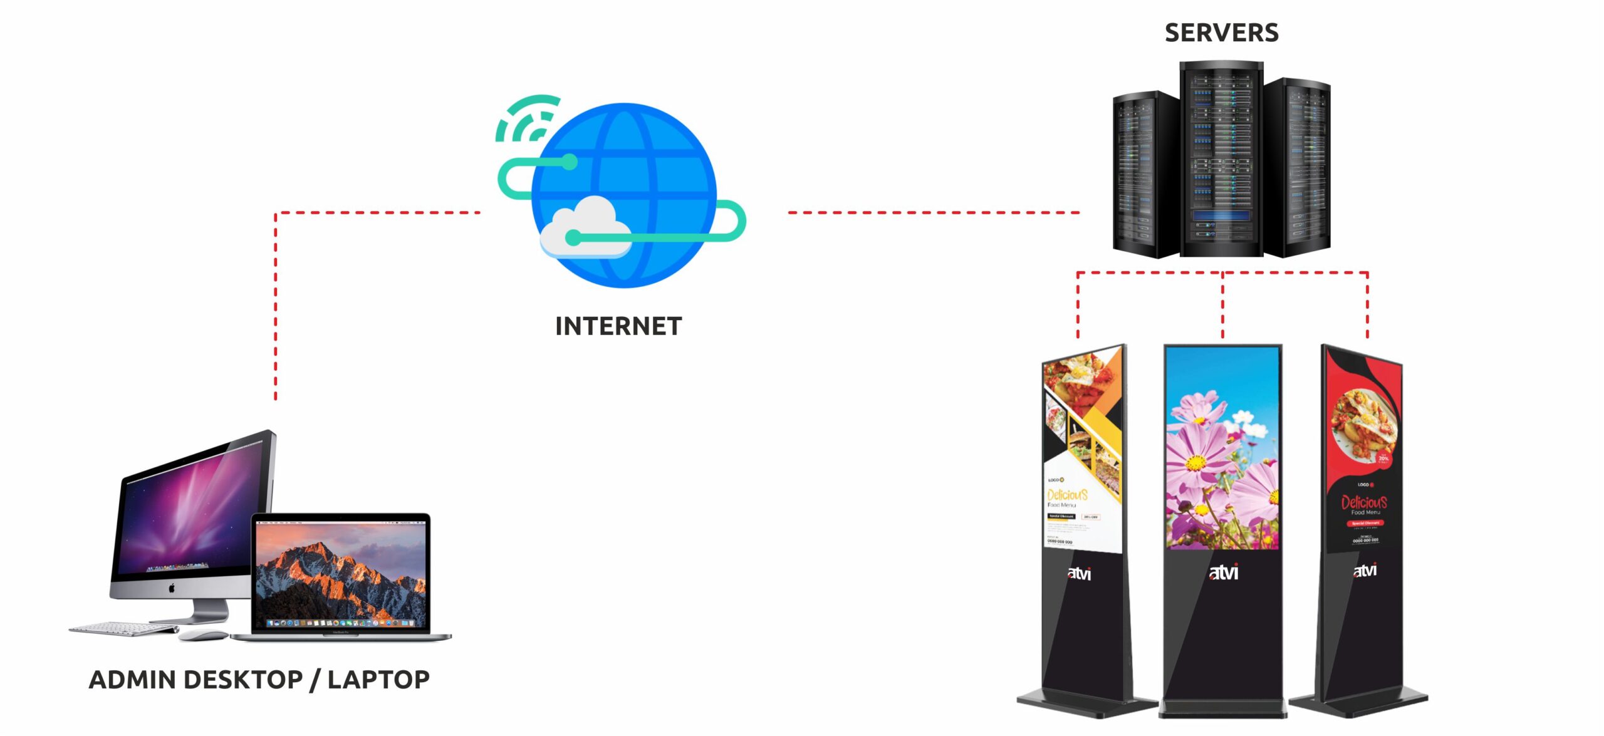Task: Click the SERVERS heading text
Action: coord(1221,33)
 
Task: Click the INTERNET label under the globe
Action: coord(618,326)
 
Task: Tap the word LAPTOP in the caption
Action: coord(378,680)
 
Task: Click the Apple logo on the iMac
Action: coord(172,588)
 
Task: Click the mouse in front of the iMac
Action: coord(203,635)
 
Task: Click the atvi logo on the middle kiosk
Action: coord(1223,573)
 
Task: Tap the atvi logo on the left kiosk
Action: coord(1080,573)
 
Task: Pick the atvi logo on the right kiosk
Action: coord(1365,571)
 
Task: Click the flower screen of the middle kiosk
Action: coord(1222,448)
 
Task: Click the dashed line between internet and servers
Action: coord(934,213)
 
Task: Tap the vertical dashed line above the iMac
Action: coord(276,307)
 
